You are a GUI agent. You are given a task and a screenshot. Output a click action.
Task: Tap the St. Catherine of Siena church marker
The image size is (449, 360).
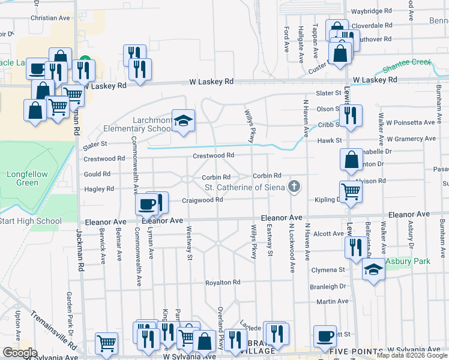[294, 187]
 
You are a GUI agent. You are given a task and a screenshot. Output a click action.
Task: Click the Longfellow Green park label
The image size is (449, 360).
[23, 179]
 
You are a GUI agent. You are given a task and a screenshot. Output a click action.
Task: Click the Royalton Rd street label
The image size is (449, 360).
[223, 282]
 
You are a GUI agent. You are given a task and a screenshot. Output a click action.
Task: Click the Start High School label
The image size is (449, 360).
[31, 221]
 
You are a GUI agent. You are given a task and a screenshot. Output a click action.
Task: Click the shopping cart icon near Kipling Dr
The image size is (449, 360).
[351, 191]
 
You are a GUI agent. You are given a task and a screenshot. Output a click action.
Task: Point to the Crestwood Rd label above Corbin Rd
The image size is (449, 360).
[213, 155]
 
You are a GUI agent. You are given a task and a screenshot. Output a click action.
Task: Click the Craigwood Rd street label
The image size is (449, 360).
[202, 200]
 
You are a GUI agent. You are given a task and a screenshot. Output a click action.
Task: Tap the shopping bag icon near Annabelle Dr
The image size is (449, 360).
[351, 160]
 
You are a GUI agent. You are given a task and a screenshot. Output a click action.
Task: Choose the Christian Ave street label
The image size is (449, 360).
[50, 18]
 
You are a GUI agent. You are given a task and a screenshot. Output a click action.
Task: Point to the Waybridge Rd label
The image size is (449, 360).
[371, 11]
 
